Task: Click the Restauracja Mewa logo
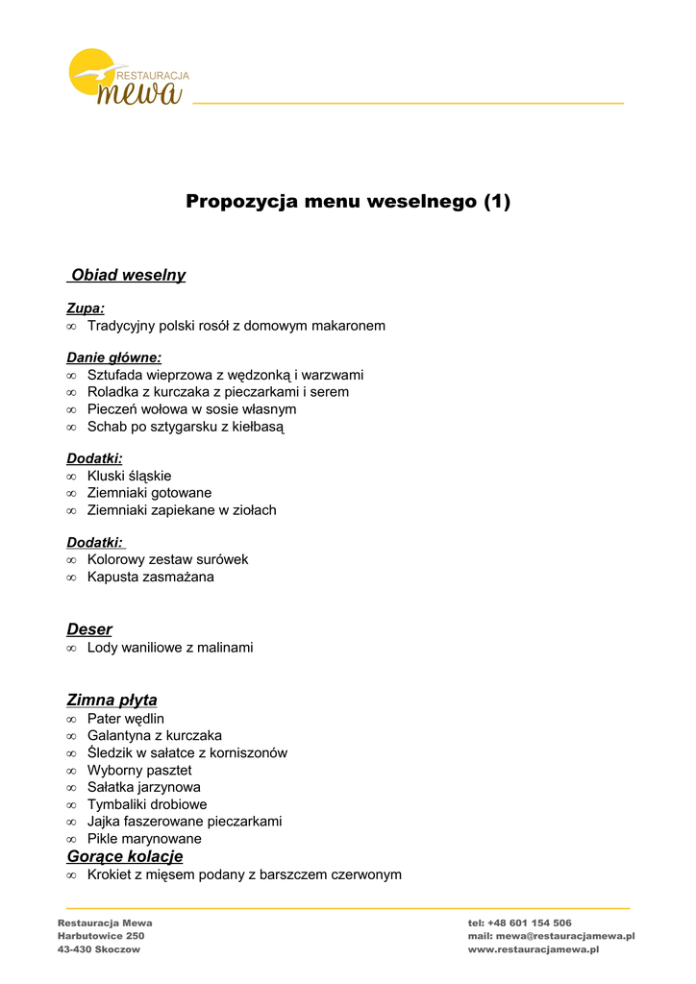click(x=128, y=77)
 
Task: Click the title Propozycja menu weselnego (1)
click(x=348, y=201)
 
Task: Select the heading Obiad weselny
click(x=128, y=275)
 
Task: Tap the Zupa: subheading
click(x=86, y=308)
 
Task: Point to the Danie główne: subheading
click(x=113, y=357)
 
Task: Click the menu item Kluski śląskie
click(x=129, y=476)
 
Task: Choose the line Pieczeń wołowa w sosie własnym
click(x=191, y=409)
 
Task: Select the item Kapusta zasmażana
click(x=150, y=578)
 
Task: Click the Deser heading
click(x=89, y=629)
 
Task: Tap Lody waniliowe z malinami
click(x=170, y=648)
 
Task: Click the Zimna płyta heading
click(x=112, y=700)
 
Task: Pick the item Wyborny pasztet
click(x=139, y=771)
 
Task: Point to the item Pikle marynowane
click(x=144, y=839)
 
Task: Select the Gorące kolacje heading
click(x=124, y=856)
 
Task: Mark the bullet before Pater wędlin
click(x=71, y=720)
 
